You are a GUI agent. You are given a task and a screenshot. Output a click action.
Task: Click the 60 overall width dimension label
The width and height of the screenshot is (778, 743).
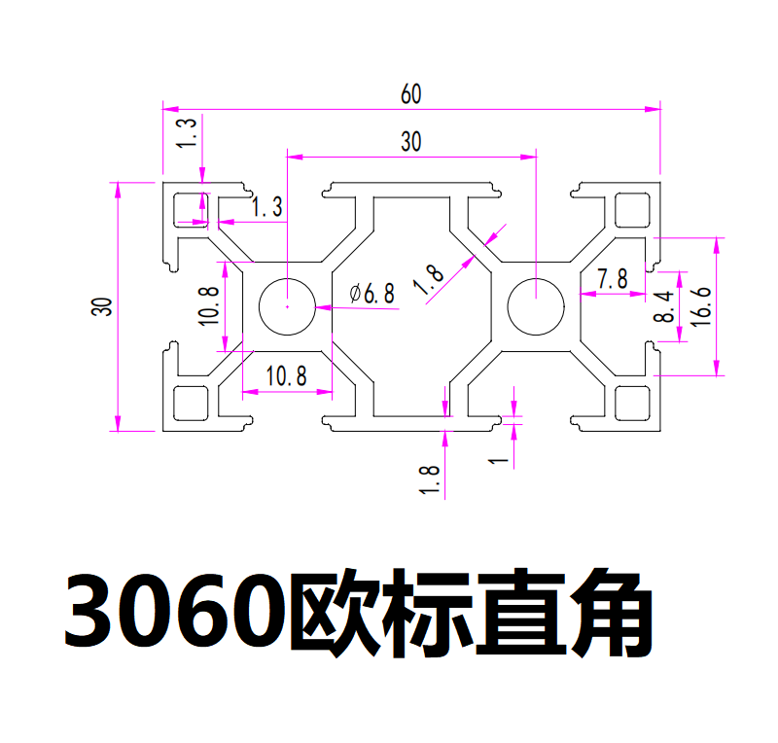coord(410,93)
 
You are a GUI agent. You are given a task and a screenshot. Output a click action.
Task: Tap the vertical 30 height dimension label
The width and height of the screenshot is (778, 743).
coord(102,306)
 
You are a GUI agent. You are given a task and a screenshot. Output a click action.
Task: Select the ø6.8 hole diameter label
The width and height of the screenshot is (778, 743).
coord(372,293)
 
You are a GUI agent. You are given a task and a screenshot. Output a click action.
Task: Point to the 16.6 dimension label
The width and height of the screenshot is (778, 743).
coord(701,306)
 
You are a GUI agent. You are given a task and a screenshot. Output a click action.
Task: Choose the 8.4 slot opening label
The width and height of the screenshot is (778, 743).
coord(664,306)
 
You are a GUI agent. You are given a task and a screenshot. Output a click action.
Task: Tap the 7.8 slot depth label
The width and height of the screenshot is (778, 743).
coord(613,278)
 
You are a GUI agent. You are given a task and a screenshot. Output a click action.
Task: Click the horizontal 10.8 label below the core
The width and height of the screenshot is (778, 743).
coord(286,375)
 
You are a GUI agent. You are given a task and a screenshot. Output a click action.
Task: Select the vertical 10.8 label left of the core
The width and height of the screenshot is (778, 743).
coord(208,306)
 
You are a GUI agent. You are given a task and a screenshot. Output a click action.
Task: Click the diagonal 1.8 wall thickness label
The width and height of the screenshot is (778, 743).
coord(429,279)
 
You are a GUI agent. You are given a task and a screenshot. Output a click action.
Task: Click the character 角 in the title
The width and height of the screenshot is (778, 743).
coord(612,613)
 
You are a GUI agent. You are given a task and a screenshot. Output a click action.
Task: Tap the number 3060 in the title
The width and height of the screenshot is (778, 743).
coord(176,612)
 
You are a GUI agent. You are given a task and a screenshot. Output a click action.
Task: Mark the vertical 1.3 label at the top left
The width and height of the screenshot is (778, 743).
coord(187,132)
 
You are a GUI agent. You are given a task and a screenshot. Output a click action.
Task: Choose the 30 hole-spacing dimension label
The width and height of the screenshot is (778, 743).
coord(410,141)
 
